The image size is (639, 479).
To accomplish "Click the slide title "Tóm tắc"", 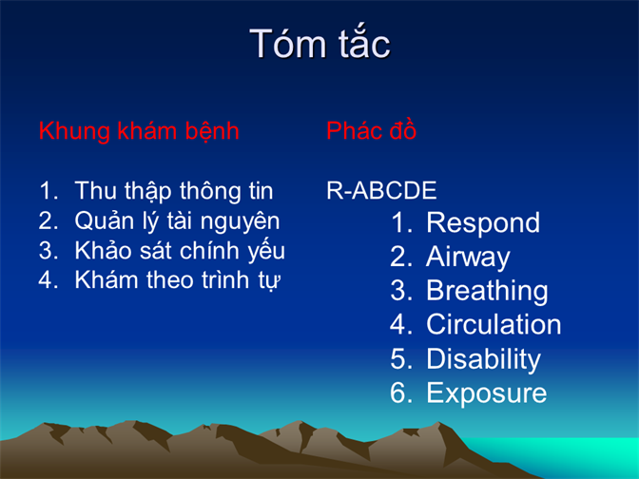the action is [319, 43].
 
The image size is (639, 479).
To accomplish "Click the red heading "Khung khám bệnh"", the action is [139, 131].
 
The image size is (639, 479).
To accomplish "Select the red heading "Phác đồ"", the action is [371, 130].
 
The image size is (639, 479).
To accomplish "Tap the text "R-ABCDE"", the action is [381, 190].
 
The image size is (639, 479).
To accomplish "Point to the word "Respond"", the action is [483, 223].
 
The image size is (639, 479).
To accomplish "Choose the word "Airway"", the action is [468, 258].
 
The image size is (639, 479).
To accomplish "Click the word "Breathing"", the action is [487, 291].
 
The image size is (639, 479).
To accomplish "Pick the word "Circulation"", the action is [494, 325].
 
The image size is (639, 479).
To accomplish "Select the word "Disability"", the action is [483, 359].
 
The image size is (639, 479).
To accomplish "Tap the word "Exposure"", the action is [486, 393].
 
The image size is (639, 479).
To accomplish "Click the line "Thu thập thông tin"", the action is [174, 191].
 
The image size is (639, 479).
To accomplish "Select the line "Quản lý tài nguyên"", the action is [177, 221].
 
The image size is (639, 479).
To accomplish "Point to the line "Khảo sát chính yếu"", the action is [180, 251].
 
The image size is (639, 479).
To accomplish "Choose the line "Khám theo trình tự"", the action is [178, 280].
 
